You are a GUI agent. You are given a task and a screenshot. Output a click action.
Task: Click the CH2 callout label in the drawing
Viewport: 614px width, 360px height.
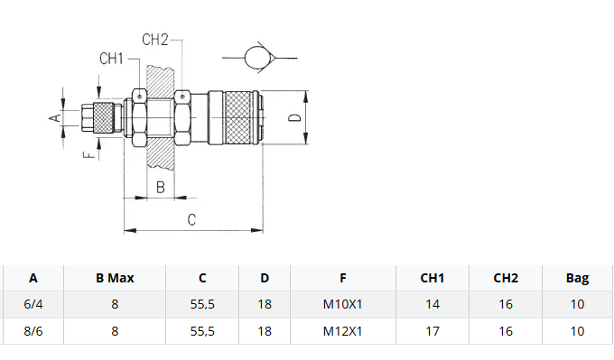tap(155, 40)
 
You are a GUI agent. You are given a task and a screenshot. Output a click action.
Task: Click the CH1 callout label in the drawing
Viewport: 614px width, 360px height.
tap(111, 59)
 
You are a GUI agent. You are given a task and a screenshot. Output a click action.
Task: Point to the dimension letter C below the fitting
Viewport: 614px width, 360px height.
tap(191, 219)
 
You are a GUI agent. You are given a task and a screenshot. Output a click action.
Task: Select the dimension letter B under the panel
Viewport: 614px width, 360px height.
tap(161, 188)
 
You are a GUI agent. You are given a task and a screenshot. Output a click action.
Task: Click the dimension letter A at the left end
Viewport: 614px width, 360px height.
tap(56, 117)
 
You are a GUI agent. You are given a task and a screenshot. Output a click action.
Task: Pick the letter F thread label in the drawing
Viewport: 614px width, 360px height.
tap(89, 155)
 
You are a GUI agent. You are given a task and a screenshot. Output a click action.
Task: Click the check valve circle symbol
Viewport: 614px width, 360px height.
tap(258, 58)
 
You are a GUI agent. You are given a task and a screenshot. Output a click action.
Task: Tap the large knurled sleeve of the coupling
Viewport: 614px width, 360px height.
tap(237, 117)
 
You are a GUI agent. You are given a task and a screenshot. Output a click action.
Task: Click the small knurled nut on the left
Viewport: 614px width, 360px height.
tap(103, 117)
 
